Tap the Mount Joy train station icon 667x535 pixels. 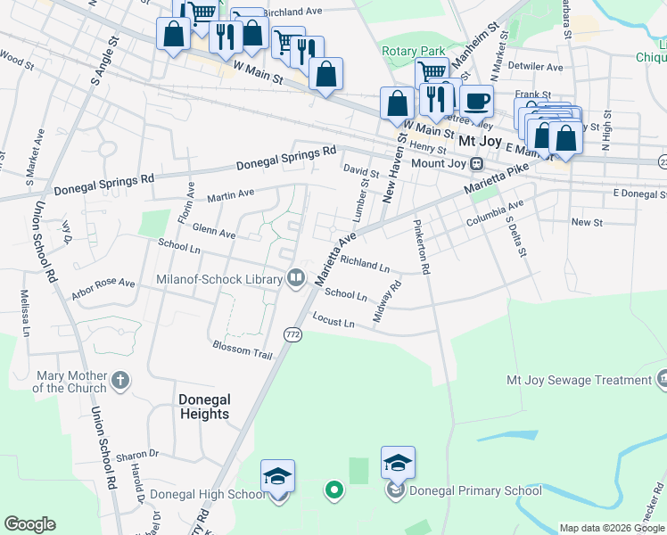point(478,164)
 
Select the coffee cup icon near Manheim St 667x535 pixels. point(477,101)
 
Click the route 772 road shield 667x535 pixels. point(292,333)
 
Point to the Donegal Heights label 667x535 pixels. point(204,407)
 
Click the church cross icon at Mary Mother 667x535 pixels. point(121,381)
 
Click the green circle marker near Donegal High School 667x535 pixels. point(333,489)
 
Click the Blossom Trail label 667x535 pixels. point(243,348)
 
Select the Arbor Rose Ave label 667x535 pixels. point(103,284)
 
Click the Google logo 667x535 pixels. point(29,524)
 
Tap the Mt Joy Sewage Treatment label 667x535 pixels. point(579,380)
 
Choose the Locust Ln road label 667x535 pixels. point(333,318)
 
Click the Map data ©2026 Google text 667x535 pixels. point(612,528)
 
